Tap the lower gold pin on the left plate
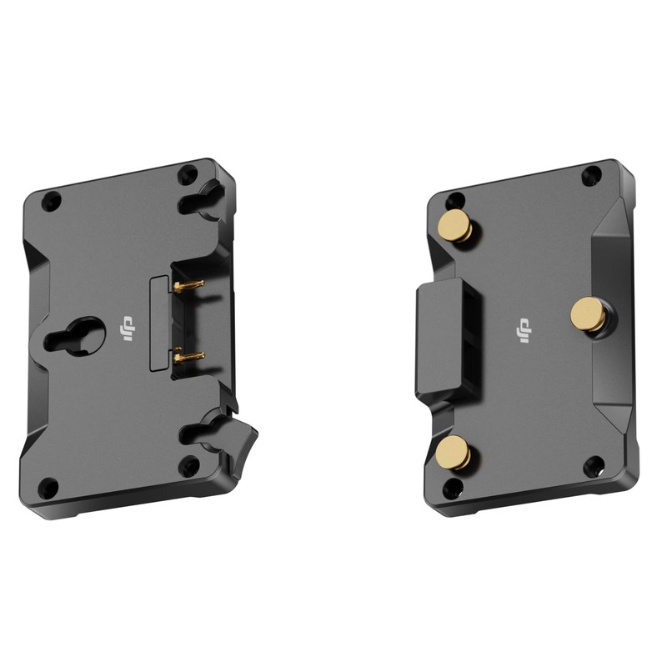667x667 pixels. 189,357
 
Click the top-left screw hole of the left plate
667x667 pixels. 52,201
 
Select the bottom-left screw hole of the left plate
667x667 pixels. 50,485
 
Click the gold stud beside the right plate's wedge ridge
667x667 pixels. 588,313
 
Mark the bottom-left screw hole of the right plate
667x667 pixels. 453,487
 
